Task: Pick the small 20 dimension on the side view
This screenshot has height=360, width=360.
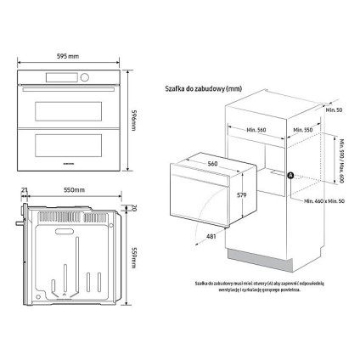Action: tap(133, 207)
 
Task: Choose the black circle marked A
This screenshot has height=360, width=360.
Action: tap(291, 176)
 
